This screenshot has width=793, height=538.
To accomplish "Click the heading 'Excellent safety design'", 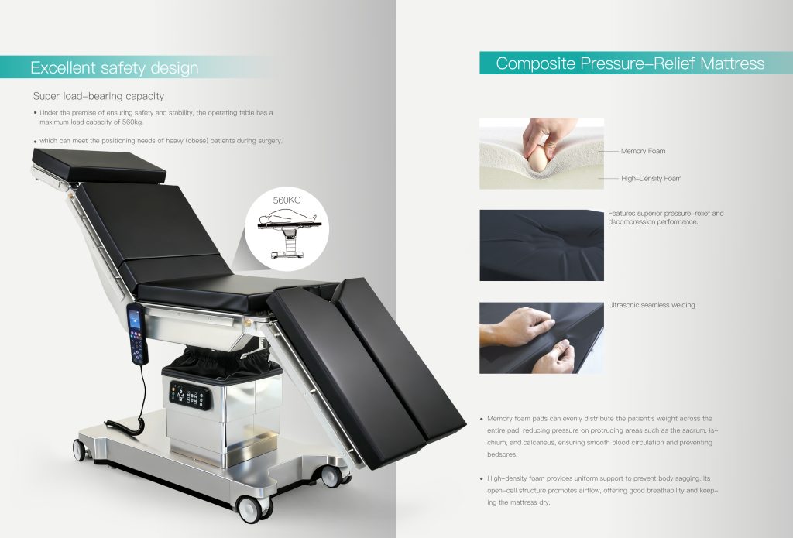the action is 115,68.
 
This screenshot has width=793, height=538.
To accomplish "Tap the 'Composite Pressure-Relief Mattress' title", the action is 630,63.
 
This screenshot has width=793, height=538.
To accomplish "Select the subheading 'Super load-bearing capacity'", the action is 98,96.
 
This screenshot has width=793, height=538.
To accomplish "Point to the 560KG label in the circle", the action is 287,200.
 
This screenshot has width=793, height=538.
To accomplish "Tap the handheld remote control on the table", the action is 136,334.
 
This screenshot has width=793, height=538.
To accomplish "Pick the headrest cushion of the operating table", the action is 99,166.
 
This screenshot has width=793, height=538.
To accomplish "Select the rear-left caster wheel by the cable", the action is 80,450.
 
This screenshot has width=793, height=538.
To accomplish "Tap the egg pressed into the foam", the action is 537,159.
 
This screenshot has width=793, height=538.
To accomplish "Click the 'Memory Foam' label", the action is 644,151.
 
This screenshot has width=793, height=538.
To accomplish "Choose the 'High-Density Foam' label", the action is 651,179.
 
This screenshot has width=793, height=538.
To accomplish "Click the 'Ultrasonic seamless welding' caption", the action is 651,305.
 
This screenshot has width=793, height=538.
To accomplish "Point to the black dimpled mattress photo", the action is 541,245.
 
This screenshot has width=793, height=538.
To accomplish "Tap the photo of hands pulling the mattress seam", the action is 541,338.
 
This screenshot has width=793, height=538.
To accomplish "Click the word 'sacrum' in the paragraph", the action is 692,431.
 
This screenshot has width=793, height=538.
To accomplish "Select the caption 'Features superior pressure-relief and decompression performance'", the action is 665,218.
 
